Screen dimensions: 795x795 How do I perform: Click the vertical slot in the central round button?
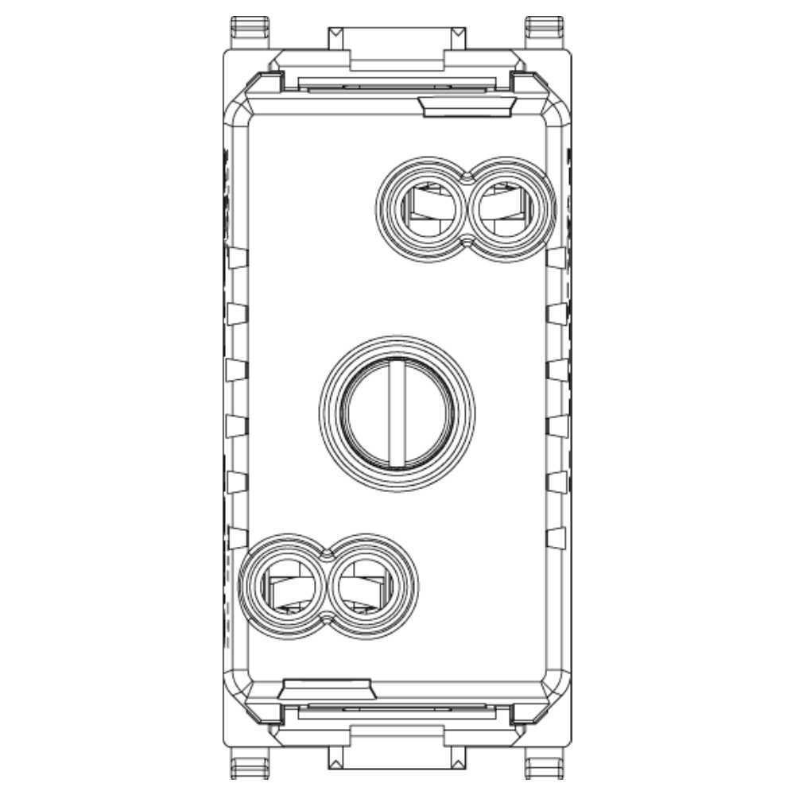397,413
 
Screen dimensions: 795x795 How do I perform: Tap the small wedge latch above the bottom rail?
329,689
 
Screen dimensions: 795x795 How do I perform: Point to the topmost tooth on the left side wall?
236,257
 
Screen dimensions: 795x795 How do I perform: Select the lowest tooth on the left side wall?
236,537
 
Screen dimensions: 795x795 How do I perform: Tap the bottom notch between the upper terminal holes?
466,240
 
